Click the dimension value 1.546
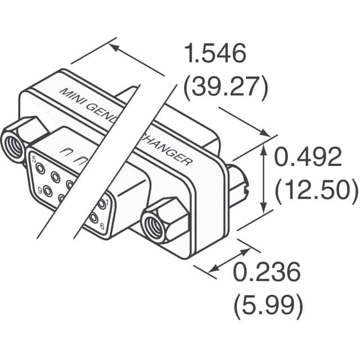point(215,55)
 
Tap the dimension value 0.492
point(308,159)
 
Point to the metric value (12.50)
point(316,191)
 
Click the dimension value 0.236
point(266,274)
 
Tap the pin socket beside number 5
point(42,167)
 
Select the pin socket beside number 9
point(48,191)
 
